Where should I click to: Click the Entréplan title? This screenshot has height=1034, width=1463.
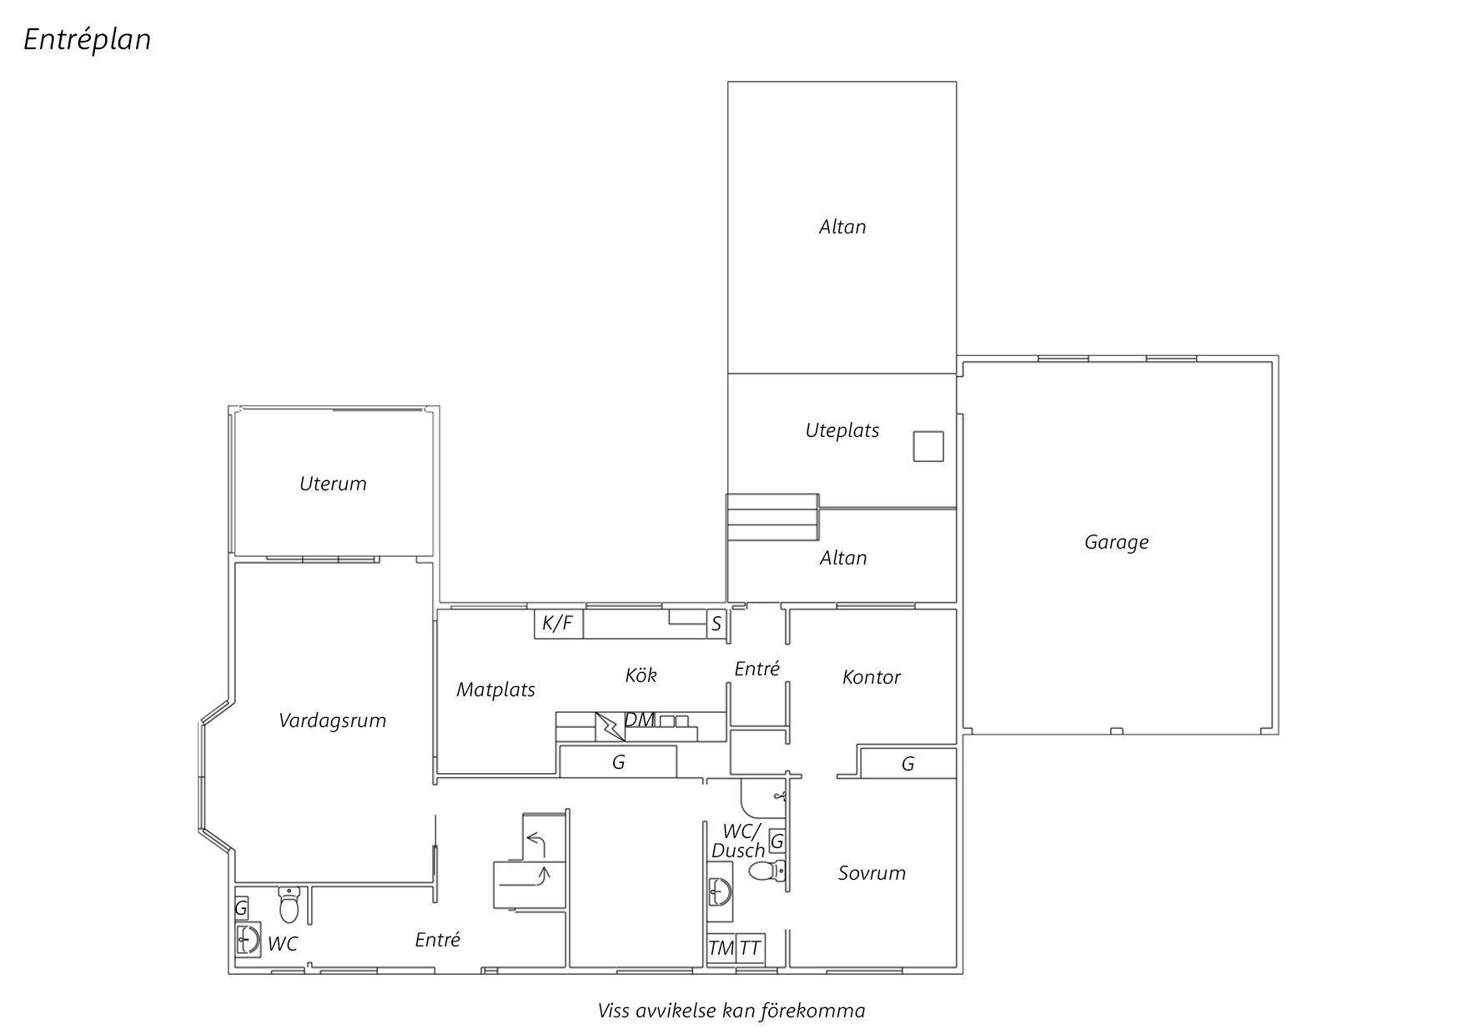pyautogui.click(x=88, y=40)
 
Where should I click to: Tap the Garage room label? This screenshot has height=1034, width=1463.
pyautogui.click(x=1116, y=542)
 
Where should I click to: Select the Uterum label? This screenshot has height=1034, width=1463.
pyautogui.click(x=333, y=484)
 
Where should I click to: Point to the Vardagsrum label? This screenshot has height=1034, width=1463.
pyautogui.click(x=332, y=720)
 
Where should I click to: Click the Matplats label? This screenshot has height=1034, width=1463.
pyautogui.click(x=495, y=690)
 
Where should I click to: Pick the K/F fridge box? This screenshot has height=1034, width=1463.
pyautogui.click(x=558, y=623)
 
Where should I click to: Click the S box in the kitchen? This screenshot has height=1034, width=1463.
pyautogui.click(x=716, y=624)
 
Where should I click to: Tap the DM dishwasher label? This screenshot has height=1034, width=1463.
pyautogui.click(x=639, y=720)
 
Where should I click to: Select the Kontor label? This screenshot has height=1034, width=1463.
pyautogui.click(x=871, y=677)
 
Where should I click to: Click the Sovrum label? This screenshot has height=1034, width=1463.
pyautogui.click(x=872, y=873)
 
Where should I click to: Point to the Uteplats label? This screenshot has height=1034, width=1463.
pyautogui.click(x=842, y=430)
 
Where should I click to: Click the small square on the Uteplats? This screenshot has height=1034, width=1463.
pyautogui.click(x=928, y=446)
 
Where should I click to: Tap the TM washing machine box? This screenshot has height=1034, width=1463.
pyautogui.click(x=721, y=948)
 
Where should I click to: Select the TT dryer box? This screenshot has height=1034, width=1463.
pyautogui.click(x=750, y=948)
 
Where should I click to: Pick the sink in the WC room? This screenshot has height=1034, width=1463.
pyautogui.click(x=248, y=939)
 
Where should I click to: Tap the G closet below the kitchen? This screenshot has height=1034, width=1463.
pyautogui.click(x=618, y=762)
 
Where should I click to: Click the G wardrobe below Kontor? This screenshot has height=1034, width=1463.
pyautogui.click(x=907, y=763)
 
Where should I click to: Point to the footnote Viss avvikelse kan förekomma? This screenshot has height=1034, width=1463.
pyautogui.click(x=731, y=1011)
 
